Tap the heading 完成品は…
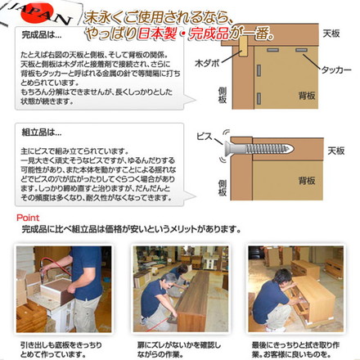(x=41, y=36)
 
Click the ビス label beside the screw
(x=204, y=137)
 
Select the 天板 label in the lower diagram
(x=335, y=151)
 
